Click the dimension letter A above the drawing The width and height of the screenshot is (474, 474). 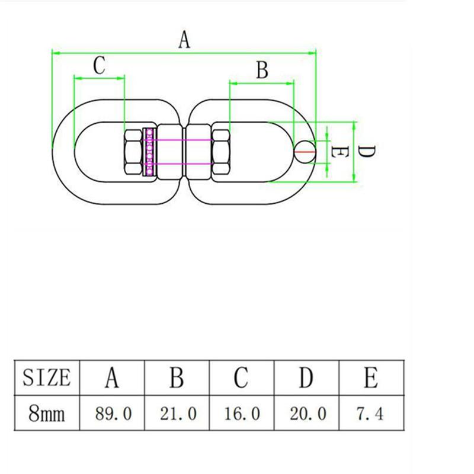coord(184,40)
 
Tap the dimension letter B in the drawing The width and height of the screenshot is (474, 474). coord(262,70)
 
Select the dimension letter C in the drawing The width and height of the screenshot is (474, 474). coord(100,65)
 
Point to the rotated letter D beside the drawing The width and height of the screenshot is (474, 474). coord(366,151)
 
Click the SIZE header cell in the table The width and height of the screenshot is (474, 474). coord(47,377)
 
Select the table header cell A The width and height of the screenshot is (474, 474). coord(112,377)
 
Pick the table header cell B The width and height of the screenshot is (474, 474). coord(177,377)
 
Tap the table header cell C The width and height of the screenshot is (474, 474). coord(242,377)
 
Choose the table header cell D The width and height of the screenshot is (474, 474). coord(306,377)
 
